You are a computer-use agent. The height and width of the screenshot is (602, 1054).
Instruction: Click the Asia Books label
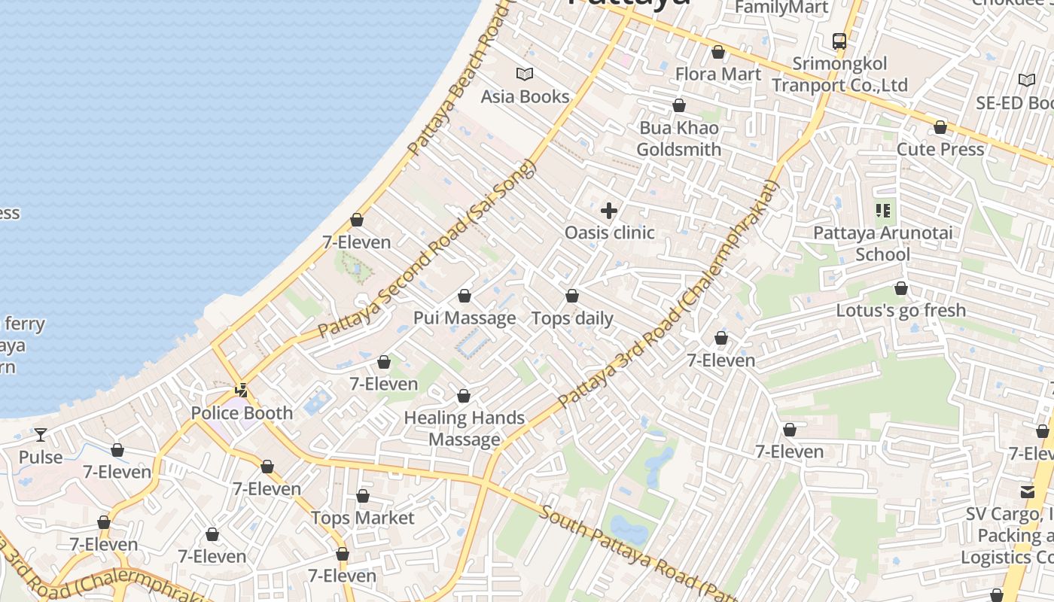pos(525,96)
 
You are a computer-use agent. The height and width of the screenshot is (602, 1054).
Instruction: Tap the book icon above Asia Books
pos(525,74)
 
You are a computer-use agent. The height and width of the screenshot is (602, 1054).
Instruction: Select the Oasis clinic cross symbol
pos(609,211)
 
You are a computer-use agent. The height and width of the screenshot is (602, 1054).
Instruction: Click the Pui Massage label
pos(465,318)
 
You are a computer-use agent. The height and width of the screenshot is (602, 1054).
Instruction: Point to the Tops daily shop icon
pos(572,296)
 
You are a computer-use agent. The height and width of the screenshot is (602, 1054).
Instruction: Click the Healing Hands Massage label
pos(465,428)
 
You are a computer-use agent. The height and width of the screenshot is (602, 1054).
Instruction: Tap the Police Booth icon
pos(242,391)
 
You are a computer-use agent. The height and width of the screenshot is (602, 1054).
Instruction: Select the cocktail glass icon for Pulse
pos(41,435)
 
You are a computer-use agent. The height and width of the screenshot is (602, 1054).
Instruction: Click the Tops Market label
pos(363,518)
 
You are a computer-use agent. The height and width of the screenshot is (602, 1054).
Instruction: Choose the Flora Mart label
pos(718,74)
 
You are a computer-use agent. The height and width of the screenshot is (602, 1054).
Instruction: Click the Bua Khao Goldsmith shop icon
pos(679,105)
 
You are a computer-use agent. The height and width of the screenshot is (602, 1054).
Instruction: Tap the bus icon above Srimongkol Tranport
pos(839,41)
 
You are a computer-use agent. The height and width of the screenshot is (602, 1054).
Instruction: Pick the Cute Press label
pos(940,149)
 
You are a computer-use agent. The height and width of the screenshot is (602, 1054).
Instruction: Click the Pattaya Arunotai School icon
pos(883,211)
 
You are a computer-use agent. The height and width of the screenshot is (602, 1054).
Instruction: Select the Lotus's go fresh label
pos(901,310)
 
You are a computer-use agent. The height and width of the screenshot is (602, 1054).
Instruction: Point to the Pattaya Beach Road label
pos(458,83)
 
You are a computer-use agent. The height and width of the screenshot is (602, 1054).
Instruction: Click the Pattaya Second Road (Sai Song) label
pos(426,249)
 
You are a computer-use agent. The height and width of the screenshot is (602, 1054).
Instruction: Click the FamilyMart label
pos(781,8)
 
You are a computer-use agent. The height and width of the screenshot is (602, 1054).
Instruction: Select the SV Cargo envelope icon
pos(1028,492)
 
